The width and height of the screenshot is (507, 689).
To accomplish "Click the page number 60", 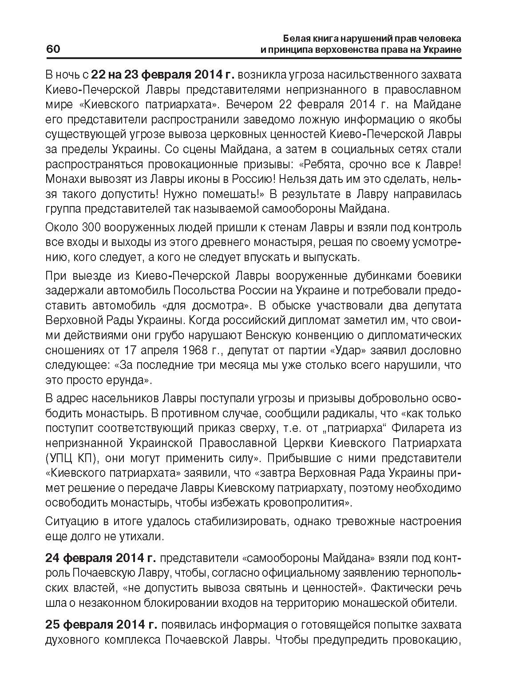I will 53,49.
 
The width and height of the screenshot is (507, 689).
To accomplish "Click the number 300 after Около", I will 92,228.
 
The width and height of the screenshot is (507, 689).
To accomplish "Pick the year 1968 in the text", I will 196,350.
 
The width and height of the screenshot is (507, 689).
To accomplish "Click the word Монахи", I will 65,179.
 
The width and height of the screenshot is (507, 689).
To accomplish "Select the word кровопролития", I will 306,503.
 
